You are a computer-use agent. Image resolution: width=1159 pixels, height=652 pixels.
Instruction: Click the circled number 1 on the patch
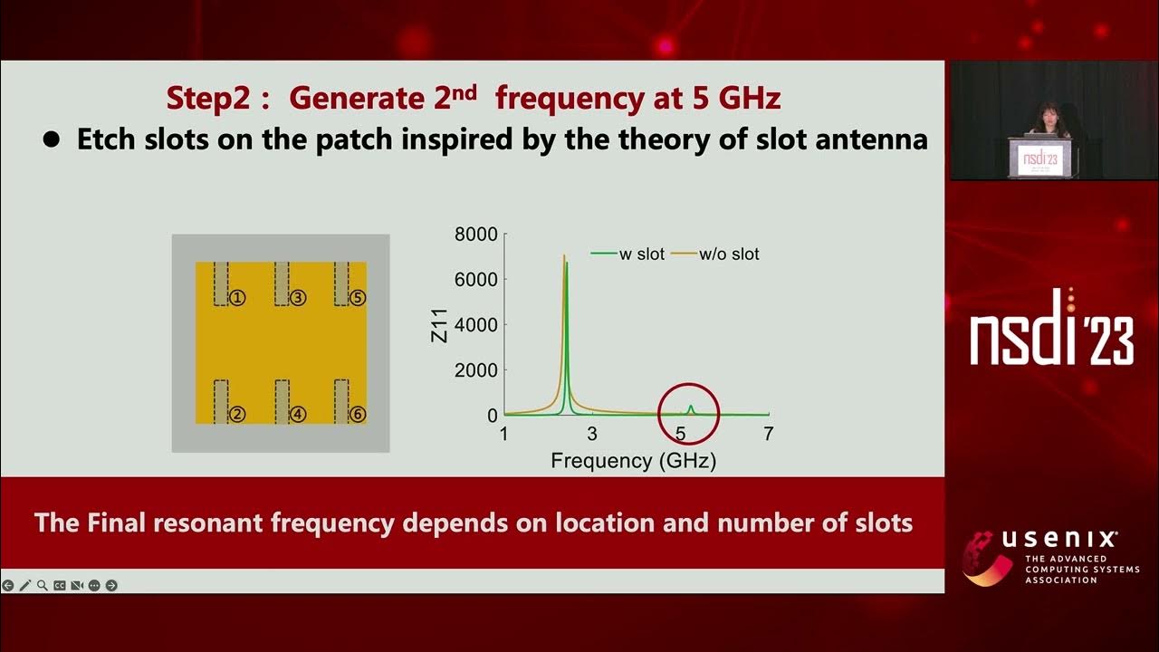tap(237, 297)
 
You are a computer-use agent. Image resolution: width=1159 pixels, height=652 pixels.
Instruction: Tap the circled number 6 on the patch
tap(358, 415)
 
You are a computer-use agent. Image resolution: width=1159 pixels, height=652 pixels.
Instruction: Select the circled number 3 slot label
tap(298, 297)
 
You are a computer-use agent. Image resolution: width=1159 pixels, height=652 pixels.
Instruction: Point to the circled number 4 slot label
tap(298, 415)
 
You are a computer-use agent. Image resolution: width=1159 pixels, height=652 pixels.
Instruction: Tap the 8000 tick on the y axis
tap(475, 235)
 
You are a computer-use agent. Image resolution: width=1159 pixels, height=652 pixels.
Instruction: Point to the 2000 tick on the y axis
tap(475, 370)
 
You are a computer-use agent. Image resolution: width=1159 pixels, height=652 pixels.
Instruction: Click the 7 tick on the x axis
tap(768, 435)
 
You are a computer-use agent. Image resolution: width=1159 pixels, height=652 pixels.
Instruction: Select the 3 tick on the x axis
tap(592, 435)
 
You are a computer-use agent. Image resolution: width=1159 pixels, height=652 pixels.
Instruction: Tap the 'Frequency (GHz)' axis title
tap(634, 461)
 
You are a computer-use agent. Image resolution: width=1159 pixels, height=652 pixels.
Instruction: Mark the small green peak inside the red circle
tap(691, 407)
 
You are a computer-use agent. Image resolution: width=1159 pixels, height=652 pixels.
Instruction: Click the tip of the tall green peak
tap(567, 264)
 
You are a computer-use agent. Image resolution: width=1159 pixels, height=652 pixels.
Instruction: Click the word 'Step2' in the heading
tap(207, 98)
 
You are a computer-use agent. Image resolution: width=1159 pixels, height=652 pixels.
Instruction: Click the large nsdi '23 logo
tap(1051, 331)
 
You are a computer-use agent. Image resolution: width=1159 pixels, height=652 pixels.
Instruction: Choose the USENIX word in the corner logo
tap(1059, 540)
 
